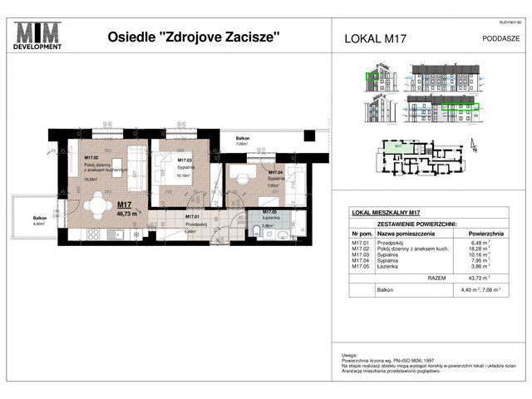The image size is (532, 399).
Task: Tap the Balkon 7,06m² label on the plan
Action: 243,141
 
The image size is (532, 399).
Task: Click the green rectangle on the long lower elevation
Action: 461,107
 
